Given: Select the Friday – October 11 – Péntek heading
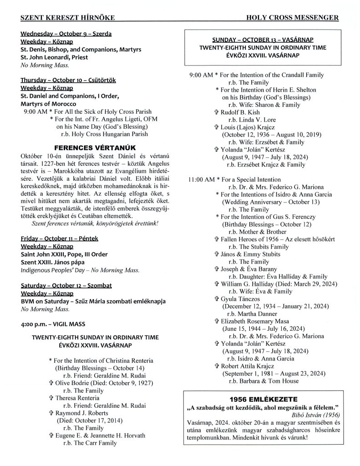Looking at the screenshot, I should (60, 238).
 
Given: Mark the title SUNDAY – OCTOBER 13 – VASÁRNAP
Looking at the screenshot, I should (262, 40).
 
